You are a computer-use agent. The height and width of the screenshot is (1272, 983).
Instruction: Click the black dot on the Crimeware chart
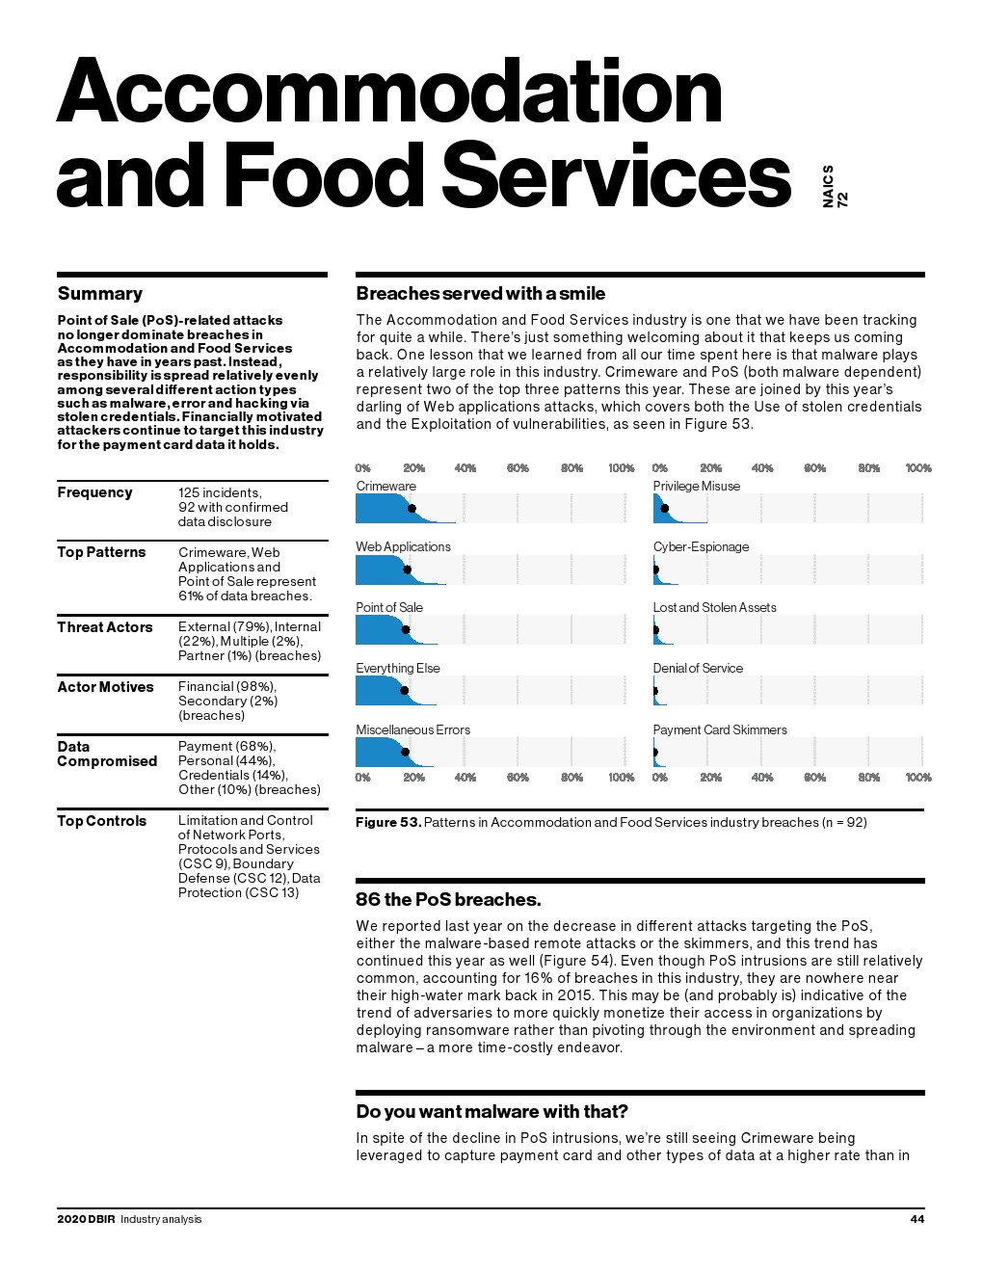pyautogui.click(x=412, y=509)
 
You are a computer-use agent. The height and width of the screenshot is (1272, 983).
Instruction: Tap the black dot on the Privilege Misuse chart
pyautogui.click(x=664, y=509)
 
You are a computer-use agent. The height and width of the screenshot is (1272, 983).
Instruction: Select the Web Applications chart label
pyautogui.click(x=403, y=546)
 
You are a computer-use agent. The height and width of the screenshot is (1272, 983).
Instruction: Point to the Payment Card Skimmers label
pyautogui.click(x=719, y=729)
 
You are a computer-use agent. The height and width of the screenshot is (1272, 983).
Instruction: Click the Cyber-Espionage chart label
pyautogui.click(x=701, y=546)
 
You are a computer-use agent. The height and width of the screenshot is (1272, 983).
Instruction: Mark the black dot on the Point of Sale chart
pyautogui.click(x=405, y=630)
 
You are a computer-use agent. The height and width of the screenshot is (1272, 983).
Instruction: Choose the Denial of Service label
pyautogui.click(x=698, y=668)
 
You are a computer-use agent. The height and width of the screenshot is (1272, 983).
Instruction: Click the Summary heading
pyautogui.click(x=99, y=294)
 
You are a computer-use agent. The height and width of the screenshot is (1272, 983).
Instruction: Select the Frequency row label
pyautogui.click(x=94, y=492)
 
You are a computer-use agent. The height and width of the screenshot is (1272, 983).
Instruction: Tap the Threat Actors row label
pyautogui.click(x=104, y=627)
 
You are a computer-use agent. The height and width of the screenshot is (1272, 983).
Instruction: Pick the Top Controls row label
pyautogui.click(x=101, y=821)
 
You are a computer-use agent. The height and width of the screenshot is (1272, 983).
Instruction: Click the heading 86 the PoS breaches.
pyautogui.click(x=448, y=900)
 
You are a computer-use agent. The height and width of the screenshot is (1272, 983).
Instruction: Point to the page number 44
pyautogui.click(x=917, y=1219)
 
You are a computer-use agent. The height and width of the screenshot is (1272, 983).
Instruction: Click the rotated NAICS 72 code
pyautogui.click(x=835, y=186)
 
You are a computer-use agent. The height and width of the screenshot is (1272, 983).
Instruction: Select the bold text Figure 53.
pyautogui.click(x=387, y=822)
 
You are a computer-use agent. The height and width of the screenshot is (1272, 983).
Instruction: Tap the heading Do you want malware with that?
pyautogui.click(x=491, y=1112)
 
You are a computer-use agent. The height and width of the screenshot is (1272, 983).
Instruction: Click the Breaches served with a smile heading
pyautogui.click(x=480, y=294)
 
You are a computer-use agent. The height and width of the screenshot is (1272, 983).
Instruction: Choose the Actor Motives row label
pyautogui.click(x=105, y=687)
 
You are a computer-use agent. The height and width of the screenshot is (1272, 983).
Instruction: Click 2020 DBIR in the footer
pyautogui.click(x=86, y=1219)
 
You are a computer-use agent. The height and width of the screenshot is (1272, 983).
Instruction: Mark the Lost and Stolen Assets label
pyautogui.click(x=714, y=607)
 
